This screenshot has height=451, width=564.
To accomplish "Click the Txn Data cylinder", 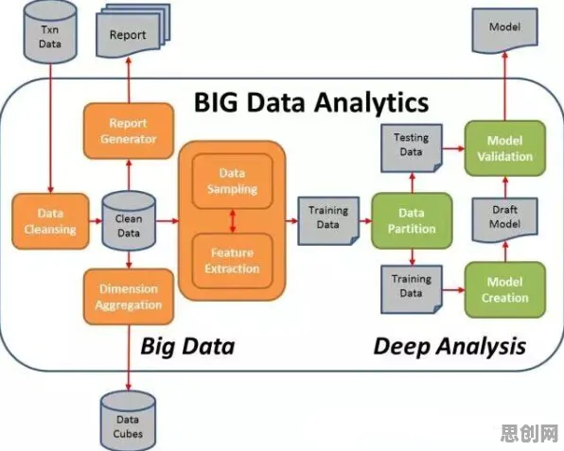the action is pyautogui.click(x=50, y=32).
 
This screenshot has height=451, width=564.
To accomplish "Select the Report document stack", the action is pyautogui.click(x=132, y=31).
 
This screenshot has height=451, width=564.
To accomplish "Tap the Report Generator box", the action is pyautogui.click(x=129, y=130).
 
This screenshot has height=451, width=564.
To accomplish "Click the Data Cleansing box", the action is pyautogui.click(x=50, y=221).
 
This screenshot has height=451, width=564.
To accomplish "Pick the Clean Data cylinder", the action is pyautogui.click(x=129, y=221).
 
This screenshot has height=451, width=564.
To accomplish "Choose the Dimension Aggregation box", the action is pyautogui.click(x=129, y=297).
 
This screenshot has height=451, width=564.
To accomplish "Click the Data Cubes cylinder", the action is pyautogui.click(x=128, y=421).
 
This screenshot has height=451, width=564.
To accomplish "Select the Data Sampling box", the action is pyautogui.click(x=233, y=182).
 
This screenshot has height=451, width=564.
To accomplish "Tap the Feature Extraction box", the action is pyautogui.click(x=233, y=261).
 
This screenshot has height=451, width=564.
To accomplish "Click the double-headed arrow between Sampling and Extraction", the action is pyautogui.click(x=233, y=221).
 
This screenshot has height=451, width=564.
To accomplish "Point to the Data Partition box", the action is pyautogui.click(x=412, y=221).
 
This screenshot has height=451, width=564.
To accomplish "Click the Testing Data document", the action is pyautogui.click(x=412, y=148).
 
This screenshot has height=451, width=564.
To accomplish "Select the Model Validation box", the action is pyautogui.click(x=505, y=148).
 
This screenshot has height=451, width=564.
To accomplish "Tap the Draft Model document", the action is pyautogui.click(x=505, y=219).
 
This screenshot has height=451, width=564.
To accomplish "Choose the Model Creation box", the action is pyautogui.click(x=505, y=289).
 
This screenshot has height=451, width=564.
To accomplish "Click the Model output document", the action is pyautogui.click(x=505, y=30).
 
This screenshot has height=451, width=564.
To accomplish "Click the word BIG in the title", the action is pyautogui.click(x=216, y=102).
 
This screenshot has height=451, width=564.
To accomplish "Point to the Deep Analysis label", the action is pyautogui.click(x=449, y=346).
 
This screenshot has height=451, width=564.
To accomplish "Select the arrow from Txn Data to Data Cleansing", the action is pyautogui.click(x=50, y=129).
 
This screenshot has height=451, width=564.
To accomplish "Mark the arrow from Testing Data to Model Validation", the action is pyautogui.click(x=453, y=148).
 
